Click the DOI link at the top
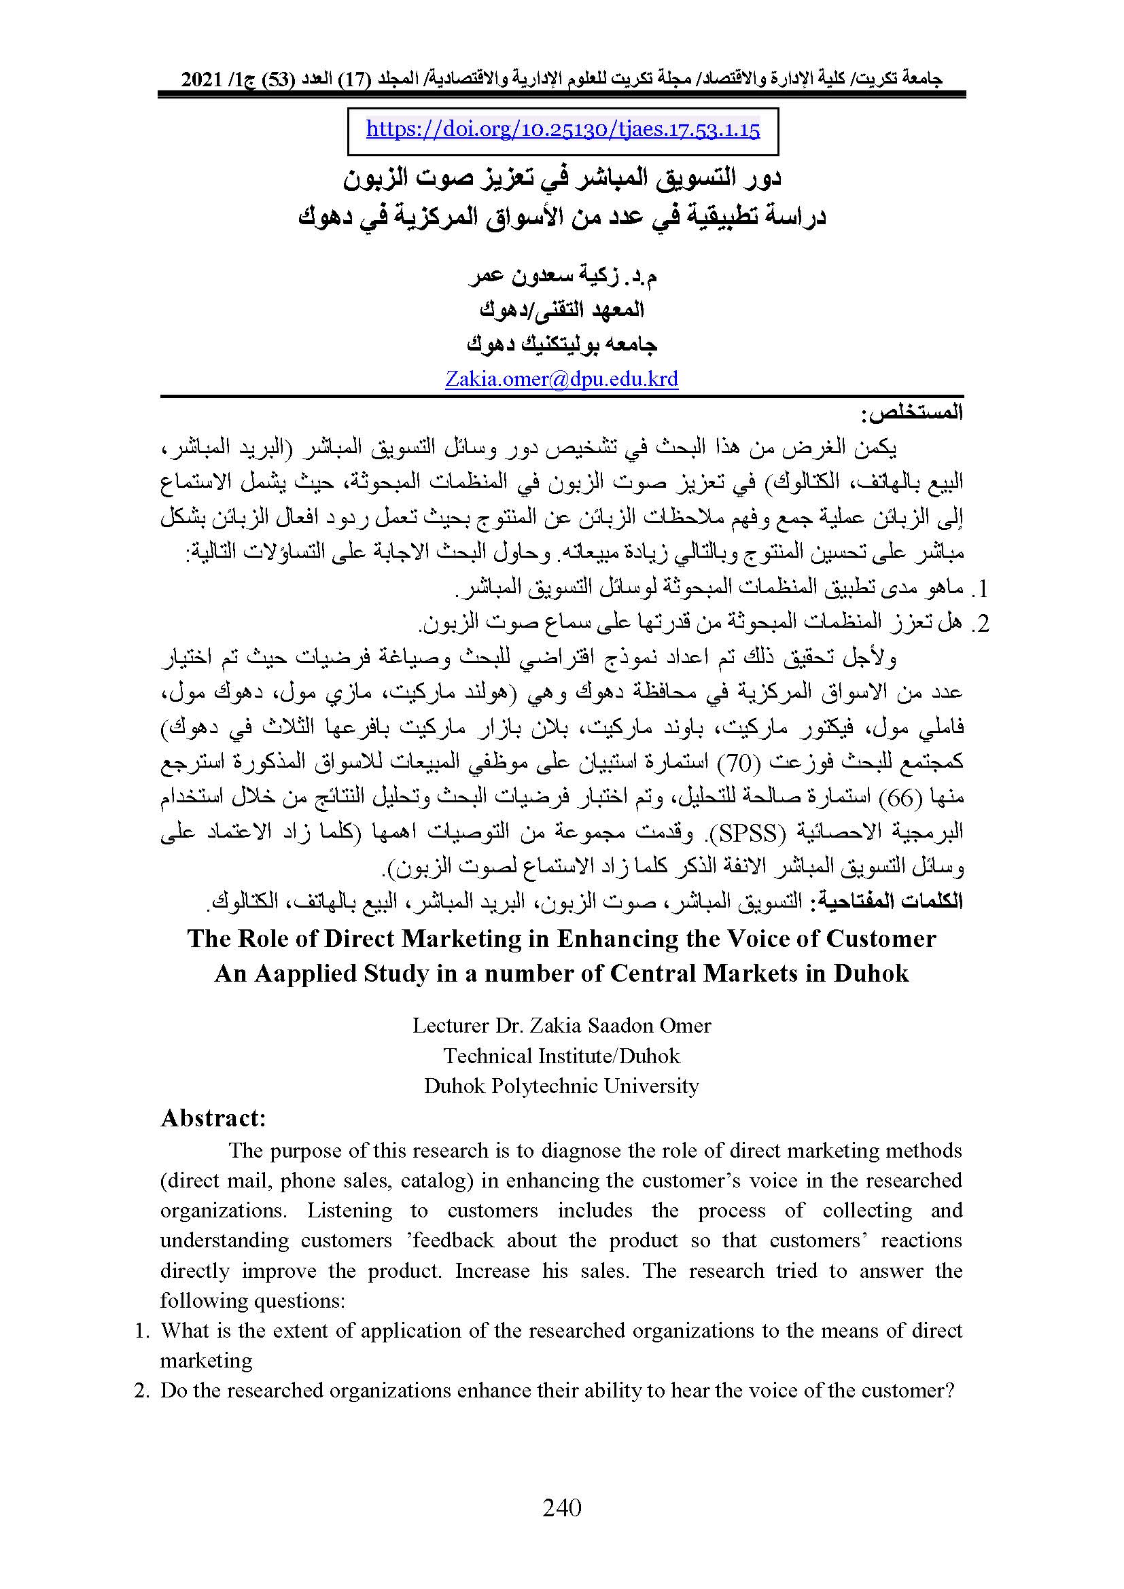pos(563,130)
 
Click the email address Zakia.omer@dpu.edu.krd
pos(561,379)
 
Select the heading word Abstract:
pos(213,1118)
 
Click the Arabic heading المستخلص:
pos(911,413)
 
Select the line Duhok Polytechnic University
pos(561,1085)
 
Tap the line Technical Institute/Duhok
pos(561,1056)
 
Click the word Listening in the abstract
pos(350,1210)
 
